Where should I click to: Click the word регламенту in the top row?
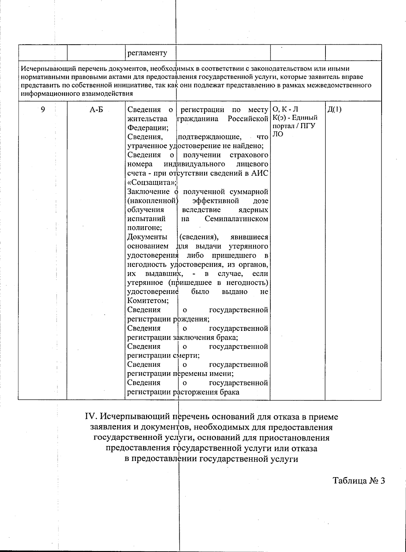pyautogui.click(x=147, y=53)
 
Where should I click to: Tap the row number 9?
pyautogui.click(x=43, y=109)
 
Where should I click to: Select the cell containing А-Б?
pyautogui.click(x=96, y=110)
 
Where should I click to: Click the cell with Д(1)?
pyautogui.click(x=335, y=109)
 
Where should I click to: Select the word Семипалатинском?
pyautogui.click(x=236, y=219)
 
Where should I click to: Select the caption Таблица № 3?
pyautogui.click(x=359, y=481)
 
